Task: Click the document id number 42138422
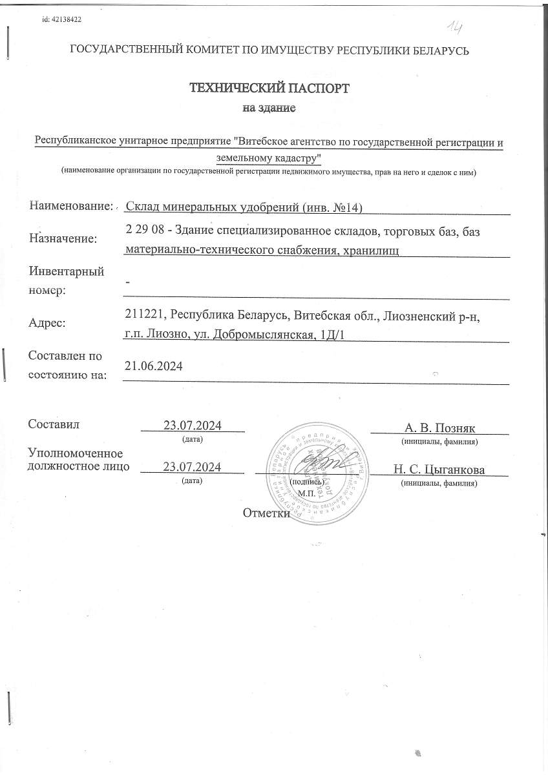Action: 61,19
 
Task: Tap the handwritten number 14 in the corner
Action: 457,26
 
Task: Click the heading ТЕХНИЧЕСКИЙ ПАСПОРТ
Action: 269,88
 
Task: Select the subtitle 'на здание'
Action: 269,108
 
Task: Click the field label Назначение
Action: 63,238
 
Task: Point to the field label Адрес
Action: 47,324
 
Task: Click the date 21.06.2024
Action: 153,366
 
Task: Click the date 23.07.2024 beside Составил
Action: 193,426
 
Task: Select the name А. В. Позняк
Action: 439,428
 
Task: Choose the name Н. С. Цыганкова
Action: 439,470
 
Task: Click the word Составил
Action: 54,424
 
